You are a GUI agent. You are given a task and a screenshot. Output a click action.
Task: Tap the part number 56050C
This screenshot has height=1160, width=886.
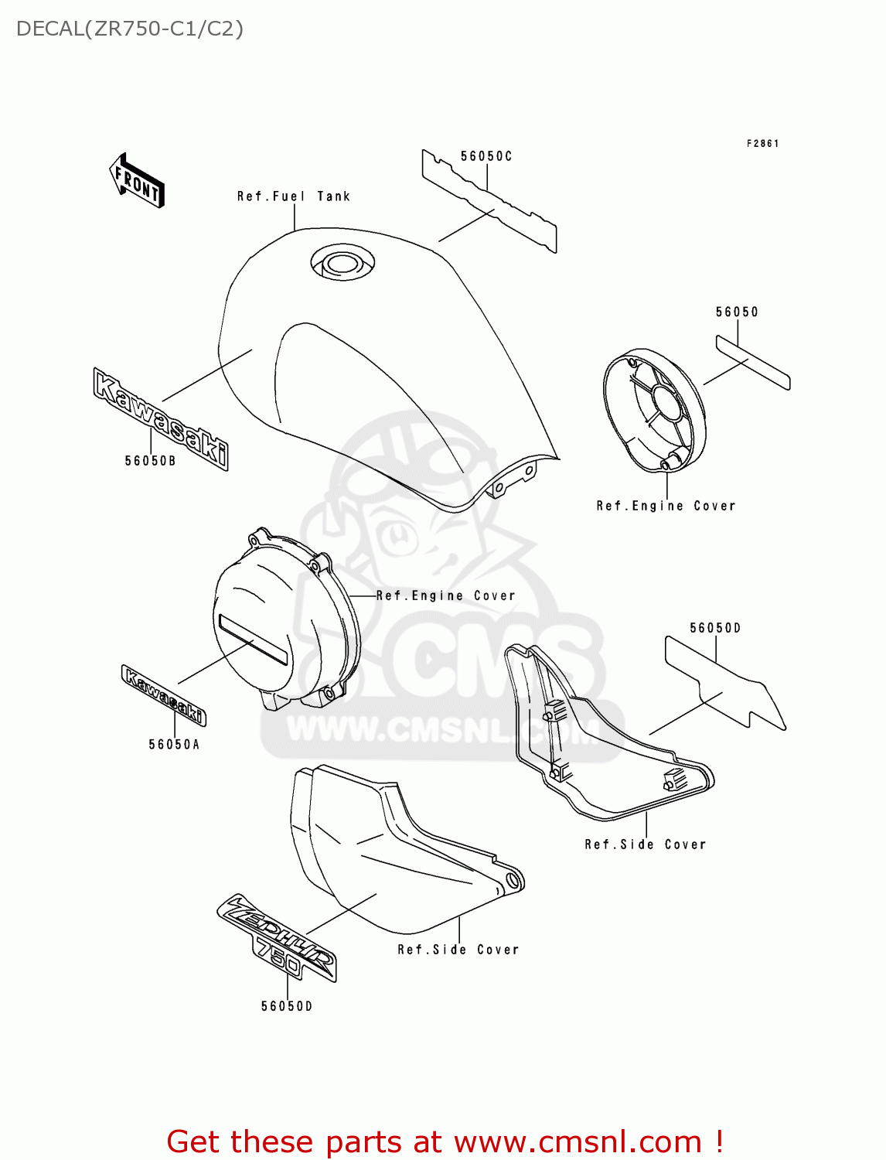tap(486, 156)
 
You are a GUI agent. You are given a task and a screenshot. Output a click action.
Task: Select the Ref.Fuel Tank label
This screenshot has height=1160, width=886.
tap(293, 196)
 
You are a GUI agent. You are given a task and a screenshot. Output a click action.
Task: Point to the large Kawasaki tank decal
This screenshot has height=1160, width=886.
tap(161, 418)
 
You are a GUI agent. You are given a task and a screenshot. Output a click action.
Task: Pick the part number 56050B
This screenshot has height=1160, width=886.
tap(150, 461)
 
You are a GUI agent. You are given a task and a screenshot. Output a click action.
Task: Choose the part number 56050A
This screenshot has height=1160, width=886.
tap(174, 745)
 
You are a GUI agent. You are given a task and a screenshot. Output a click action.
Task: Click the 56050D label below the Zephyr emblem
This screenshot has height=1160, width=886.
tap(287, 1006)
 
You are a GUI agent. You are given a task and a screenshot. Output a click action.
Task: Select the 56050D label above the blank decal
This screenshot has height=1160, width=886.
tap(715, 628)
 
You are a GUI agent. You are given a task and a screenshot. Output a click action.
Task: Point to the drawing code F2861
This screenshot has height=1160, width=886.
tap(762, 144)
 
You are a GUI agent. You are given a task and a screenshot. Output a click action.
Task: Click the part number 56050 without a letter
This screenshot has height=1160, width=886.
tap(737, 312)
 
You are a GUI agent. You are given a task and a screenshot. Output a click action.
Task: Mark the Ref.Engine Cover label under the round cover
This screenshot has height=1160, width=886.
tap(666, 506)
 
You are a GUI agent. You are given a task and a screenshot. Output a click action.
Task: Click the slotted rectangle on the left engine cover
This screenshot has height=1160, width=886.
tap(254, 640)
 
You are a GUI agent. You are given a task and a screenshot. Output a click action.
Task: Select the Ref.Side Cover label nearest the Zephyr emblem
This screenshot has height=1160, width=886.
tap(458, 950)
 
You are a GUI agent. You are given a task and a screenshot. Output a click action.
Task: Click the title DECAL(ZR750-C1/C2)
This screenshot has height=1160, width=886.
tap(130, 29)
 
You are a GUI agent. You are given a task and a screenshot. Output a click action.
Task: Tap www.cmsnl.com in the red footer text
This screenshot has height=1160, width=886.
tap(577, 1141)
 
